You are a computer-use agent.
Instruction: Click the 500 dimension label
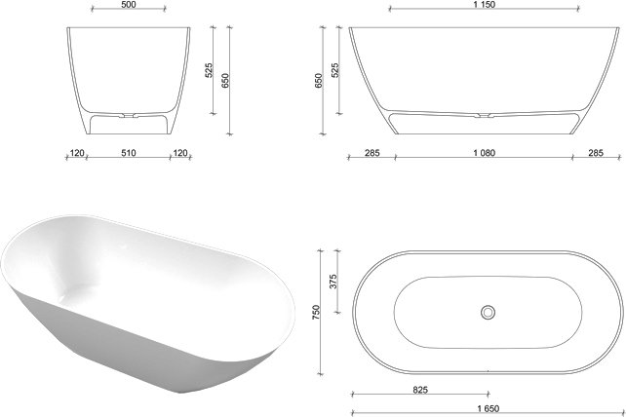[128, 5]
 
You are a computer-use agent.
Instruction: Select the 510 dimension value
[128, 153]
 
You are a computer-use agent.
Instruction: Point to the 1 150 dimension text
[485, 5]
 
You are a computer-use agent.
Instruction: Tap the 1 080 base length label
[485, 153]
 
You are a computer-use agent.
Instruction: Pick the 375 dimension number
[333, 281]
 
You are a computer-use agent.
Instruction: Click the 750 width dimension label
[316, 312]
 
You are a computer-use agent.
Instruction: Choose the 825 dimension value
[420, 390]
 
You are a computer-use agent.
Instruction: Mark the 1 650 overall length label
[488, 408]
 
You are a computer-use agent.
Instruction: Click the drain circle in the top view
[488, 312]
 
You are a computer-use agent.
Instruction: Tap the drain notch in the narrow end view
[128, 116]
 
